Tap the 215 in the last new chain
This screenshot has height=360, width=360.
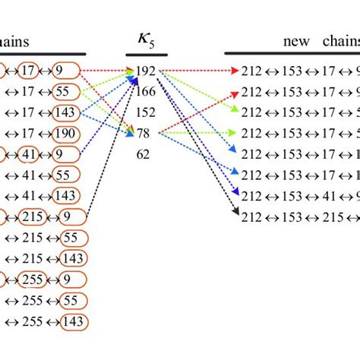(331, 217)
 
